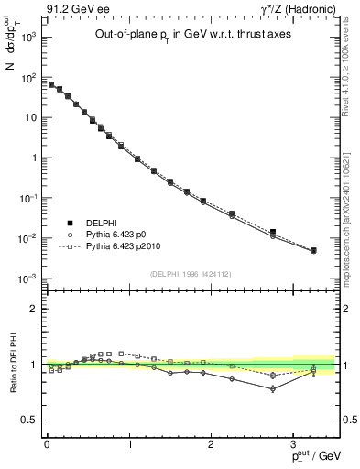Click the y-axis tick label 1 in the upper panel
pos(31,158)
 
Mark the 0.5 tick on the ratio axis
pos(27,420)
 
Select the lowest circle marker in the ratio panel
pos(273,388)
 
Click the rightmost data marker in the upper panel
pos(313,250)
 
